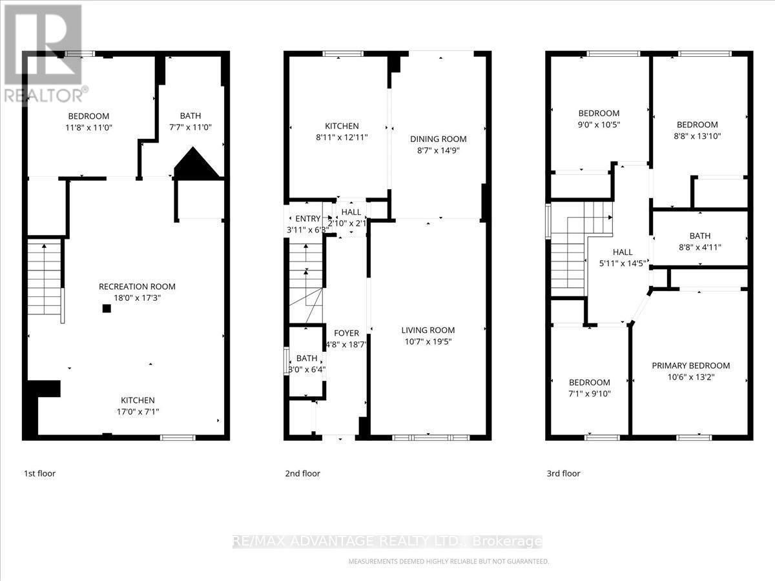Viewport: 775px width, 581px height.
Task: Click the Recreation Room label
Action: [x=136, y=287]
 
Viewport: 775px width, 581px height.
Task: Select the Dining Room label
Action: [x=438, y=139]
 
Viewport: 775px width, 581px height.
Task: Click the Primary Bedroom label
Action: [x=690, y=365]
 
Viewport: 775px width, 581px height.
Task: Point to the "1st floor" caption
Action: [x=39, y=473]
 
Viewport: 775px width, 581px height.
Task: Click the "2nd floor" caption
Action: [x=302, y=473]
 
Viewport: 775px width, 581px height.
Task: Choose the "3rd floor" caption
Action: [x=563, y=473]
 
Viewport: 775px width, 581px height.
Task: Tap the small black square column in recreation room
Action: [x=107, y=309]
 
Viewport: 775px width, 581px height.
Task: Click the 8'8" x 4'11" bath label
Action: [x=699, y=247]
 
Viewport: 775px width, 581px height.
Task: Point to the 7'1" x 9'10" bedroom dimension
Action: [x=589, y=394]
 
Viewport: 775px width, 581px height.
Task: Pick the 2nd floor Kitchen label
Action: [x=341, y=126]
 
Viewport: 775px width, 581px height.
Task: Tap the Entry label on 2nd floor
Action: [x=307, y=218]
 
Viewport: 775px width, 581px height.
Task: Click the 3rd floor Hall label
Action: [x=623, y=252]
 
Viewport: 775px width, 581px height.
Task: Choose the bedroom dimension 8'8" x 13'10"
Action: [x=697, y=136]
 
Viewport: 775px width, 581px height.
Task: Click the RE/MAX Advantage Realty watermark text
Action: [x=387, y=542]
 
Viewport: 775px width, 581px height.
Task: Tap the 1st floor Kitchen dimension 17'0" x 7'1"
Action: [x=136, y=412]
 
